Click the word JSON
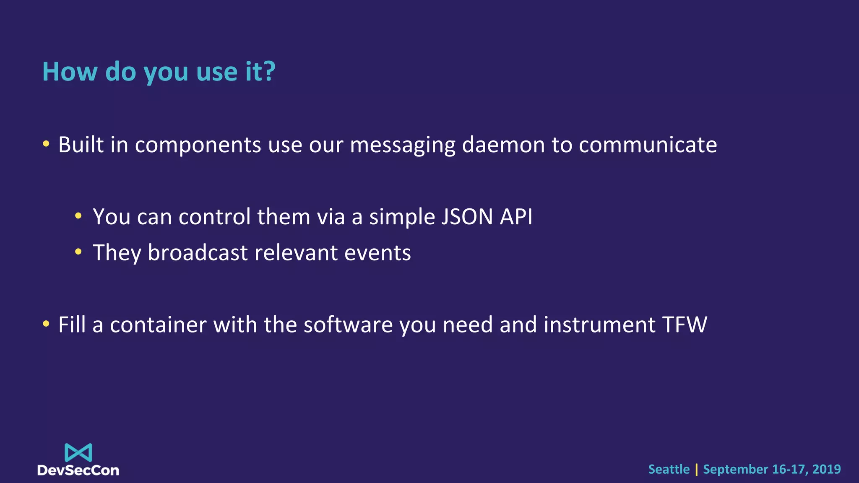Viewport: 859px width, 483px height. coord(467,217)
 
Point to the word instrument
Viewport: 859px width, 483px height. coord(599,325)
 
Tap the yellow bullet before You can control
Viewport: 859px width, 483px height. coord(78,216)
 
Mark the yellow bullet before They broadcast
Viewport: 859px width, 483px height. coord(78,252)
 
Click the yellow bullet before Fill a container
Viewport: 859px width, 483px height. coord(46,324)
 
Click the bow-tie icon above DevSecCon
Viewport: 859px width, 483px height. coord(78,453)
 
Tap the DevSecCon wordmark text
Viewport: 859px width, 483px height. coord(78,470)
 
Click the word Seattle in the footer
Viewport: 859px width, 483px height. coord(669,469)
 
